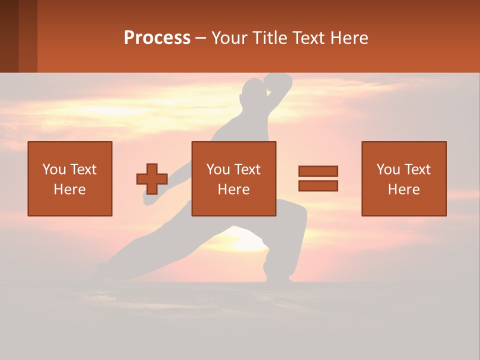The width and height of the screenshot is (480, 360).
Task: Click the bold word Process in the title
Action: (x=157, y=38)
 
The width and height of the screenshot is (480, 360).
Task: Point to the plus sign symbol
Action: (x=152, y=179)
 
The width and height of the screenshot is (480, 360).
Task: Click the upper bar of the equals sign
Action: (x=318, y=171)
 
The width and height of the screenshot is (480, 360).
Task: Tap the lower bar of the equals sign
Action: (x=318, y=185)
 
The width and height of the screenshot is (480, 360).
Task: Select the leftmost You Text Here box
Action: (x=70, y=178)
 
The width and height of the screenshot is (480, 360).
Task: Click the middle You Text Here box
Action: (x=234, y=178)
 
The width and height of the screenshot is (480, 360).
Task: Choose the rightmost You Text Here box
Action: (x=404, y=178)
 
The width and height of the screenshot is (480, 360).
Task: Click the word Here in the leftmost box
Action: (x=70, y=189)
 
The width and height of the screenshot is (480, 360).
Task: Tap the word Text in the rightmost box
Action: (x=417, y=169)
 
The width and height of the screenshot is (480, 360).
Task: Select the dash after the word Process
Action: (x=201, y=38)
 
